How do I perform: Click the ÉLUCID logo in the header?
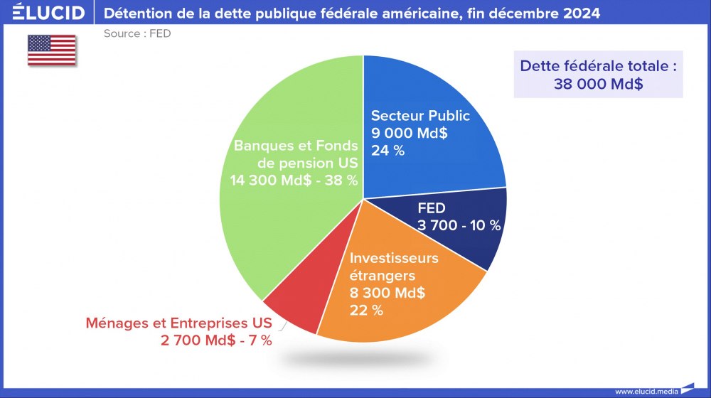pyautogui.click(x=43, y=13)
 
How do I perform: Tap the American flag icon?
pyautogui.click(x=52, y=50)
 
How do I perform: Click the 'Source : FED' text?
pyautogui.click(x=137, y=33)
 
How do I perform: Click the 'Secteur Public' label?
pyautogui.click(x=420, y=116)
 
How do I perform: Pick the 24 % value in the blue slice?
pyautogui.click(x=387, y=150)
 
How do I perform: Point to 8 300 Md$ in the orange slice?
pyautogui.click(x=387, y=292)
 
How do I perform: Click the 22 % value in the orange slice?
pyautogui.click(x=366, y=310)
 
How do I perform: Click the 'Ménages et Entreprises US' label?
pyautogui.click(x=178, y=323)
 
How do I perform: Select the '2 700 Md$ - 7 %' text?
pyautogui.click(x=216, y=340)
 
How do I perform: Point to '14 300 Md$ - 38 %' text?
pyautogui.click(x=294, y=181)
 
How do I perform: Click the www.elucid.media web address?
pyautogui.click(x=647, y=391)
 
